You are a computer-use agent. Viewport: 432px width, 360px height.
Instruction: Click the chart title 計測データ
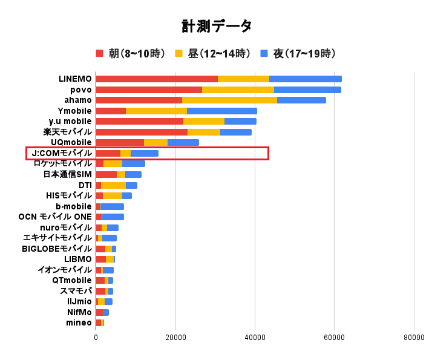216,26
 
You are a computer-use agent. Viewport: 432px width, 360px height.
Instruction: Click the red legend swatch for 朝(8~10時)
100,54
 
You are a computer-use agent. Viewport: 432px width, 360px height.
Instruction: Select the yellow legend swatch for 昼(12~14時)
179,54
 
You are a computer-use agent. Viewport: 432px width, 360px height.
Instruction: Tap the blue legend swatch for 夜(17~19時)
264,54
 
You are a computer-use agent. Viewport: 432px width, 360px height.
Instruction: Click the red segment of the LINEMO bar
156,79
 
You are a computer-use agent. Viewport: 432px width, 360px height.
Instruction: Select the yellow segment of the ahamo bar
229,100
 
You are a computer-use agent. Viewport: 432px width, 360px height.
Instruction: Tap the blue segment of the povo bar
307,90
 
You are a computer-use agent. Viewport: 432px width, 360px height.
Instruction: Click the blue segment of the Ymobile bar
221,111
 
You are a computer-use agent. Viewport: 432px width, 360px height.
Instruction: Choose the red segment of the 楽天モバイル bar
142,132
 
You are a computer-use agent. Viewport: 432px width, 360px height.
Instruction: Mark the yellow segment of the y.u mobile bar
203,121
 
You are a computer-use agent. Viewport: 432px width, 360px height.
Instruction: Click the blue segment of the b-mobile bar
112,206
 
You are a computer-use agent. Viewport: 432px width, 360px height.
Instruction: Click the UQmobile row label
71,142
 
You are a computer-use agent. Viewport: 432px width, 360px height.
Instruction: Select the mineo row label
79,322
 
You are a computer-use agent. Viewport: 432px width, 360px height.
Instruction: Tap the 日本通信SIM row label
68,174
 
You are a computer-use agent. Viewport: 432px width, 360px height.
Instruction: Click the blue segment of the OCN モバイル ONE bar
113,217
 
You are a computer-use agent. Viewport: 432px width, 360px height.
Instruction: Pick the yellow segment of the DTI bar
113,185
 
